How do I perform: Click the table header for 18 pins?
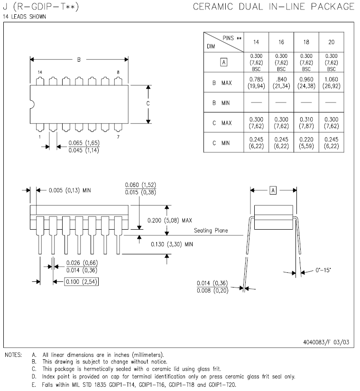pos(306,42)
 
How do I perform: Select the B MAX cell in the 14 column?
pos(256,83)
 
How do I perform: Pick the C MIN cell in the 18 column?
pos(306,142)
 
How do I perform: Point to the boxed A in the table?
pos(224,62)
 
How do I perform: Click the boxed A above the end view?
pos(273,190)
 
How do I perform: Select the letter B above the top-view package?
pos(79,60)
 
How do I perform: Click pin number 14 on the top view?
pos(40,72)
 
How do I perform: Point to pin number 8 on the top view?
pos(117,72)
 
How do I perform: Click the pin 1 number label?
pos(40,137)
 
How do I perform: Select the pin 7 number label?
pos(117,137)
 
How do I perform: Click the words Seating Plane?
pos(211,231)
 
